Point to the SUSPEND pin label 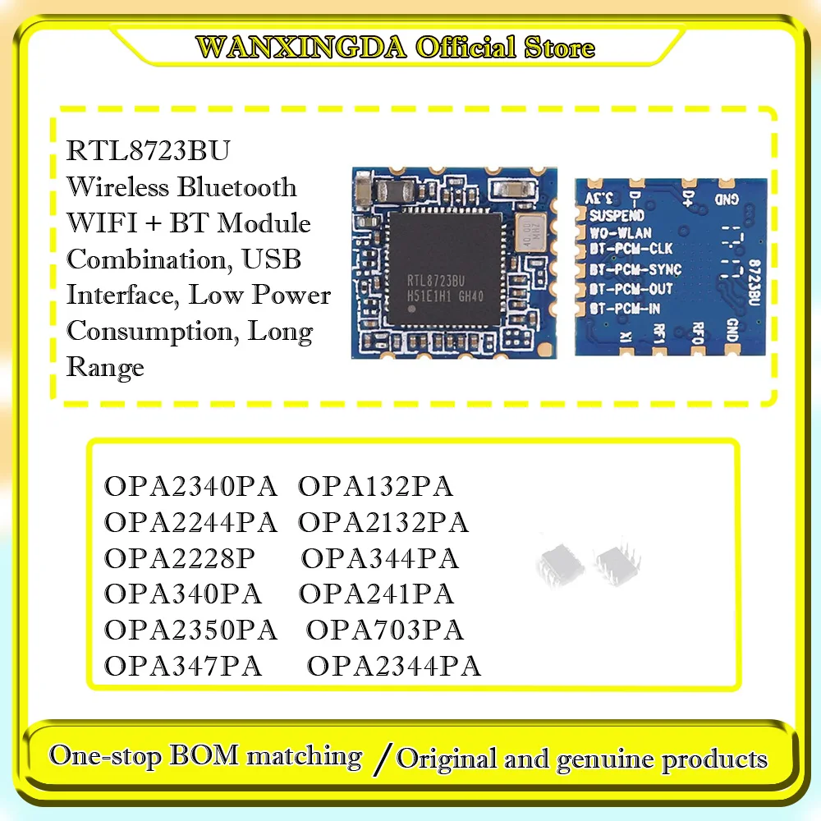tap(617, 216)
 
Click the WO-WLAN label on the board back tap(621, 233)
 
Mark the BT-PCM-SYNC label tap(635, 269)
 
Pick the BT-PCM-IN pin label tap(626, 309)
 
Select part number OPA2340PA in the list tap(190, 487)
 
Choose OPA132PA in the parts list tap(375, 487)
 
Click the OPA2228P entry tap(180, 559)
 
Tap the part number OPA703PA tap(384, 631)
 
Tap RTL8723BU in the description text tap(149, 152)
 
